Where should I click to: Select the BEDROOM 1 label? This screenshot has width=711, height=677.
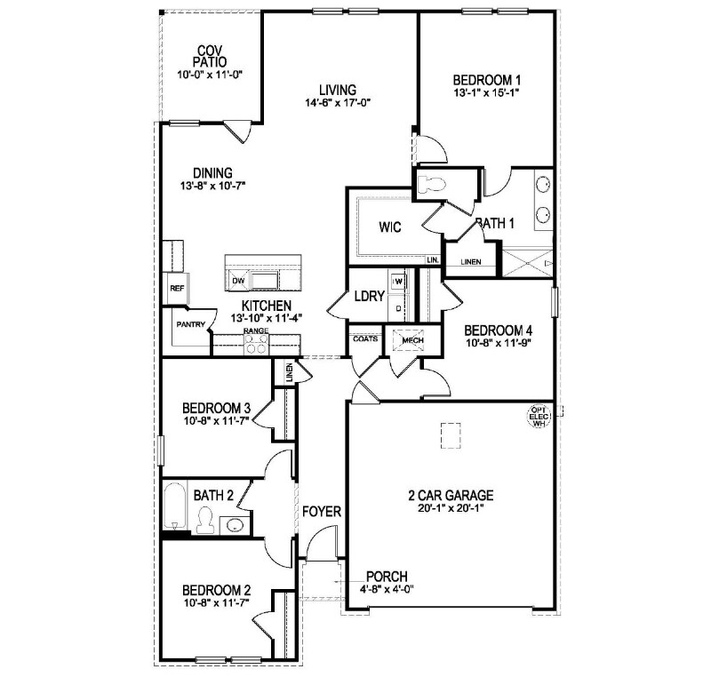pyautogui.click(x=486, y=77)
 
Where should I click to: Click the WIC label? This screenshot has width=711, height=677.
pyautogui.click(x=390, y=227)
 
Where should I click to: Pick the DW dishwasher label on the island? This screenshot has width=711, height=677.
pyautogui.click(x=237, y=282)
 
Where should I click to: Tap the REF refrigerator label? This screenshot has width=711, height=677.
pyautogui.click(x=176, y=288)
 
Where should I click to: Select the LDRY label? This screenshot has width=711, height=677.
pyautogui.click(x=367, y=298)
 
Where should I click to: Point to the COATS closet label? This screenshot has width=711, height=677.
pyautogui.click(x=365, y=338)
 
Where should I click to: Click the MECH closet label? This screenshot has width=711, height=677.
pyautogui.click(x=412, y=340)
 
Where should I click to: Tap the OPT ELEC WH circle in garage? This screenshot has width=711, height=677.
pyautogui.click(x=538, y=417)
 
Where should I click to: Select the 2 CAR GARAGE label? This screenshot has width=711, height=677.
pyautogui.click(x=451, y=496)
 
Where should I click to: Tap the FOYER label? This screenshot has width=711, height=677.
pyautogui.click(x=322, y=513)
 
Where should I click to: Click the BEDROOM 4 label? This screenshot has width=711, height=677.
pyautogui.click(x=497, y=328)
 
